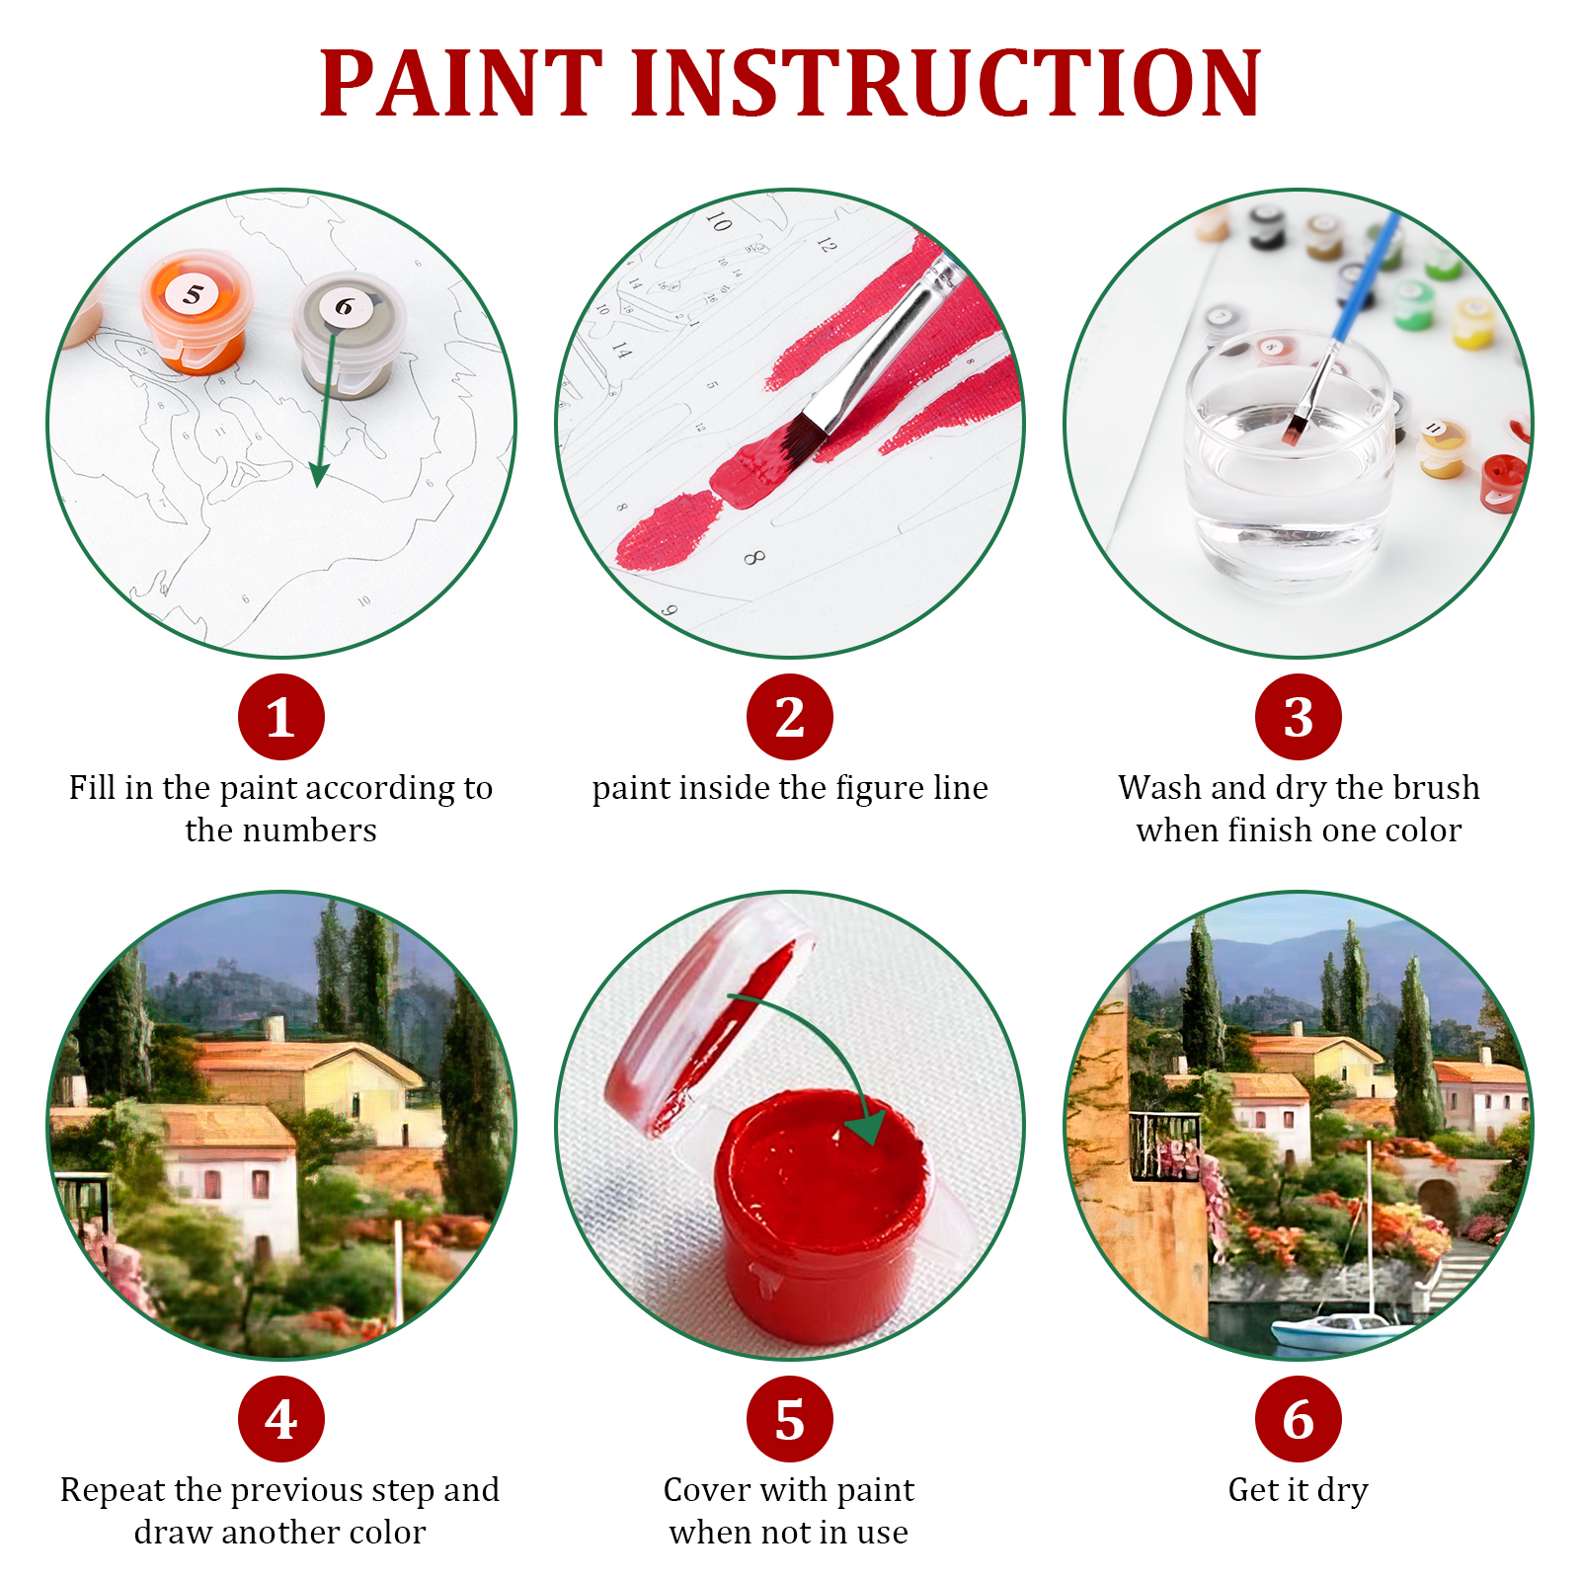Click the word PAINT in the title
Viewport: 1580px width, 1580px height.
[x=460, y=84]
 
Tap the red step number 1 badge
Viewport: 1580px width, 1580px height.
[x=281, y=717]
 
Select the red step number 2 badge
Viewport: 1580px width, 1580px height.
[x=789, y=717]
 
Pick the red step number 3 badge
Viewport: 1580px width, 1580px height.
[x=1298, y=717]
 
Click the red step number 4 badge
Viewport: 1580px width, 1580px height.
[x=281, y=1419]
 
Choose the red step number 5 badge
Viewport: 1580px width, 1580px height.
[x=789, y=1419]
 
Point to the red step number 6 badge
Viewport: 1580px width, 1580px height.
[x=1298, y=1419]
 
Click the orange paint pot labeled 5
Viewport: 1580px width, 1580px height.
[x=196, y=312]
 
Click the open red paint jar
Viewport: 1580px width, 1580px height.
[x=822, y=1205]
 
